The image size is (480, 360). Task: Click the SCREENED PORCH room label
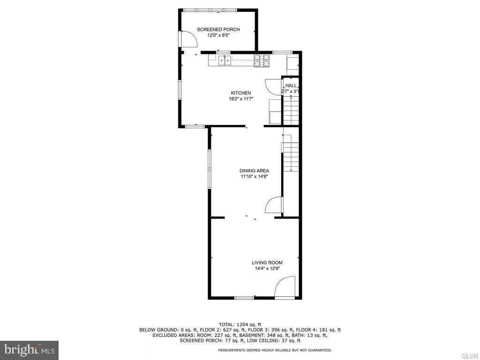tap(218, 30)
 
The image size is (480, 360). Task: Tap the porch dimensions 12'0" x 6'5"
tap(218, 35)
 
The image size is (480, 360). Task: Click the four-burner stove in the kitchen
tap(262, 60)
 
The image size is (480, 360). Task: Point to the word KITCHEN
tap(240, 93)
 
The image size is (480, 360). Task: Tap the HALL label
tap(291, 85)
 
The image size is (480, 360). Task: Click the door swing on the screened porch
tap(188, 39)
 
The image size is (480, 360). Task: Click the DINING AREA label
tap(254, 171)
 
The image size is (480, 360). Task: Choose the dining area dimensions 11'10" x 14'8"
tap(254, 177)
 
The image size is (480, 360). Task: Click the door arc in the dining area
tap(274, 205)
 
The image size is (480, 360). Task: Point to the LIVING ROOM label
tap(267, 262)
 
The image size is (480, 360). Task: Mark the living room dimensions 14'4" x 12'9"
tap(267, 269)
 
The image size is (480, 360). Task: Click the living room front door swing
tap(285, 287)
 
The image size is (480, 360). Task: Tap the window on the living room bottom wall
tap(244, 298)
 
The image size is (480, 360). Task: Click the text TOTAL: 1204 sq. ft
tap(240, 324)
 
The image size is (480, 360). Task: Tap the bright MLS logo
tap(29, 350)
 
